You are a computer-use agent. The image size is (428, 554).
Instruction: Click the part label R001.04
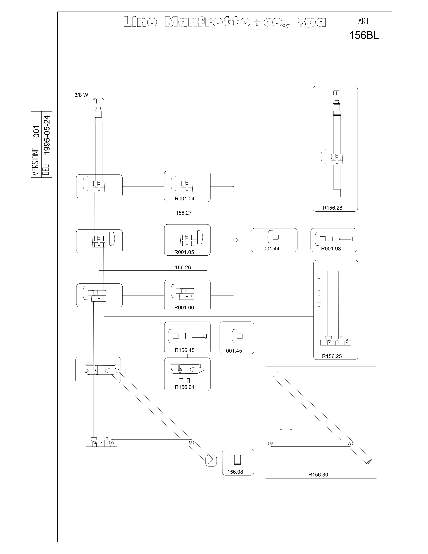click(x=184, y=199)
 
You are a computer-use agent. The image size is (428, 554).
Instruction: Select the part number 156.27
click(x=184, y=213)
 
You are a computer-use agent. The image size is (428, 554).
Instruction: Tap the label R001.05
click(x=184, y=252)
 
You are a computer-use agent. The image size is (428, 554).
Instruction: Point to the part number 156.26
click(x=183, y=267)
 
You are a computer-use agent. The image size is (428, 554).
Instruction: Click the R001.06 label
click(x=184, y=307)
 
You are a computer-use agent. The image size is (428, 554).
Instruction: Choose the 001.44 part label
click(x=271, y=249)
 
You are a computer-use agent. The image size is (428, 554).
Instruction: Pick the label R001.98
click(x=331, y=249)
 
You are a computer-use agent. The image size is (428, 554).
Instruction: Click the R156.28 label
click(x=332, y=208)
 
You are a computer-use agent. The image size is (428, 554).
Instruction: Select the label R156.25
click(x=332, y=356)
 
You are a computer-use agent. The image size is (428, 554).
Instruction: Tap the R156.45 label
click(x=185, y=350)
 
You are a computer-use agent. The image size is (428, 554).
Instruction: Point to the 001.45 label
click(x=234, y=351)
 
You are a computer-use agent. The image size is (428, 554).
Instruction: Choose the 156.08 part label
click(x=235, y=472)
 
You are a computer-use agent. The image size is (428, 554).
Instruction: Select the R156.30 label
click(x=318, y=475)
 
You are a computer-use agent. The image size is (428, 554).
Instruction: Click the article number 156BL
click(x=364, y=35)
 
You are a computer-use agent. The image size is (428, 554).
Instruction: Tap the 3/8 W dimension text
click(x=81, y=95)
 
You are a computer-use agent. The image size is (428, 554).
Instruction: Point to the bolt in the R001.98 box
click(x=347, y=239)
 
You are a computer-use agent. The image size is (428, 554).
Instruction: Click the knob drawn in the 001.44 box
click(x=273, y=237)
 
